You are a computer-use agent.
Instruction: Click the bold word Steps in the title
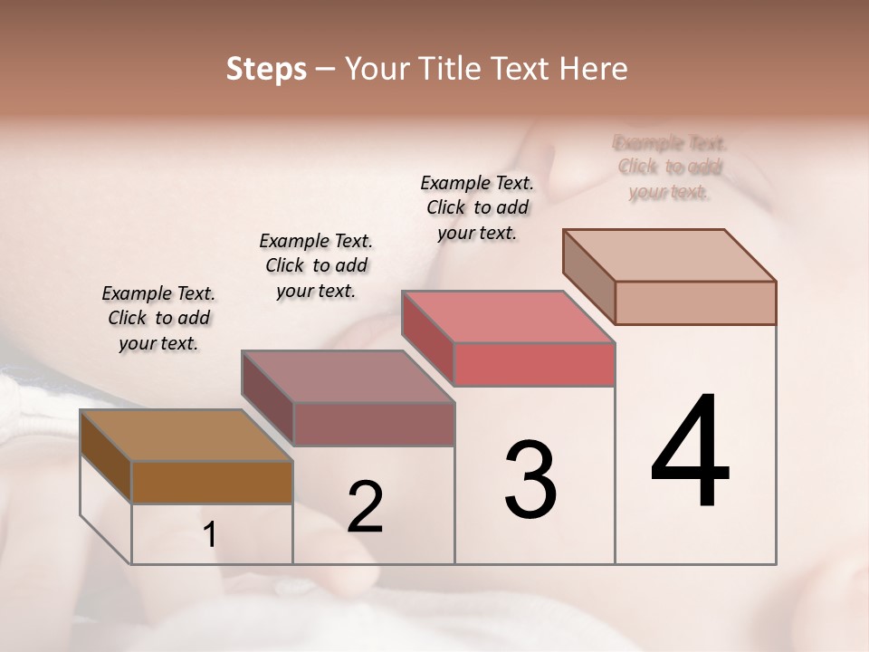tap(265, 69)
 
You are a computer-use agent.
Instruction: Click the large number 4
tap(690, 453)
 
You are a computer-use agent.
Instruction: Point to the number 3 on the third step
tap(530, 479)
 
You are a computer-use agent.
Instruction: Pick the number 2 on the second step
tap(365, 507)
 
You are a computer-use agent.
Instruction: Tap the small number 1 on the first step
tap(210, 535)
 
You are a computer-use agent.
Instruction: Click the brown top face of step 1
tap(186, 435)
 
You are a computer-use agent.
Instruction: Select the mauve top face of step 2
tap(347, 376)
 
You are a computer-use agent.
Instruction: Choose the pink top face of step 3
tap(508, 317)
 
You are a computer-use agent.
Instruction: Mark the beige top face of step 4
tap(669, 254)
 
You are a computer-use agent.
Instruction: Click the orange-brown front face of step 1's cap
tap(212, 482)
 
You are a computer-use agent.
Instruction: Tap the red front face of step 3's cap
tap(534, 365)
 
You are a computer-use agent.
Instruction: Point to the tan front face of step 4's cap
tap(695, 302)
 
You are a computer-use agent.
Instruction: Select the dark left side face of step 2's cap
tap(268, 398)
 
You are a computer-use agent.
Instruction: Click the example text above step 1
tap(158, 318)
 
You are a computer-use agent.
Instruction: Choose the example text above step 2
tap(316, 265)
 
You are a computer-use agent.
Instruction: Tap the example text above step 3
tap(477, 207)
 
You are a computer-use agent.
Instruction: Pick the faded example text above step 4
tap(670, 167)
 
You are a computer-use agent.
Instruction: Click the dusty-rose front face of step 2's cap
tap(373, 424)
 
